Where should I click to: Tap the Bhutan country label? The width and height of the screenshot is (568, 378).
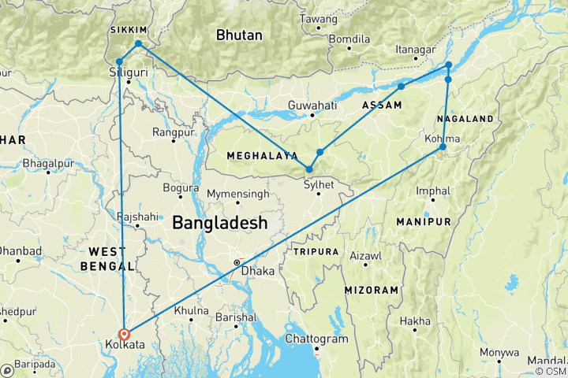[x=241, y=35]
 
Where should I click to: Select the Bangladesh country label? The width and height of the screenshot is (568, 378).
[x=220, y=224]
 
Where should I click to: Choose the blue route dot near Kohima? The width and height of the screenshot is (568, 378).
[x=443, y=147]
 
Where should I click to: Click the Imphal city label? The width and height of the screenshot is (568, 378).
[x=434, y=191]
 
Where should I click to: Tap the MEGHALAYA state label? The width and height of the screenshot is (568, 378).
[x=262, y=156]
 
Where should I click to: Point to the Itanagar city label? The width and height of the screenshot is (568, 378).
[x=416, y=50]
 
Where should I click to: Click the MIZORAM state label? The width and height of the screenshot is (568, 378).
[x=371, y=291]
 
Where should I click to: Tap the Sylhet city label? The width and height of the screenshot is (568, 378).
[x=319, y=184]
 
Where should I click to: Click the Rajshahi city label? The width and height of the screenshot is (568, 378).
[x=131, y=215]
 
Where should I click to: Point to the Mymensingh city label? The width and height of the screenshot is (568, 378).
[x=237, y=194]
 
